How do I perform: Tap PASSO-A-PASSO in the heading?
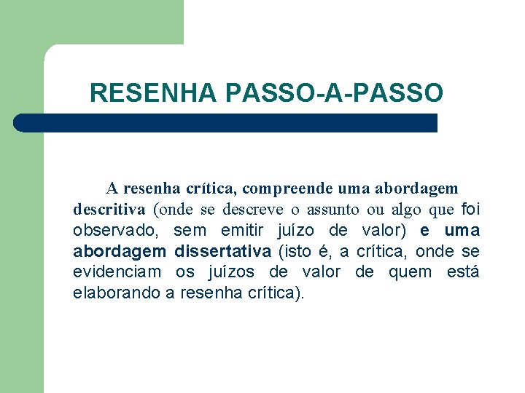(335, 93)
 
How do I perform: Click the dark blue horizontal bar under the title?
(226, 123)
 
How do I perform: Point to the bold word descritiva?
(109, 210)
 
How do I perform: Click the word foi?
(471, 210)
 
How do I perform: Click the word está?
(463, 273)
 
